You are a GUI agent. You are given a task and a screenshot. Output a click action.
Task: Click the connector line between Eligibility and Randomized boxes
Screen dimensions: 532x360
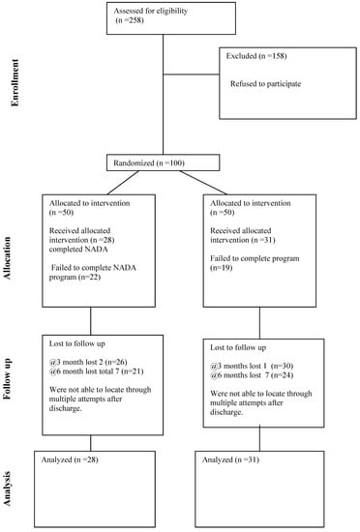(x=162, y=97)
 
